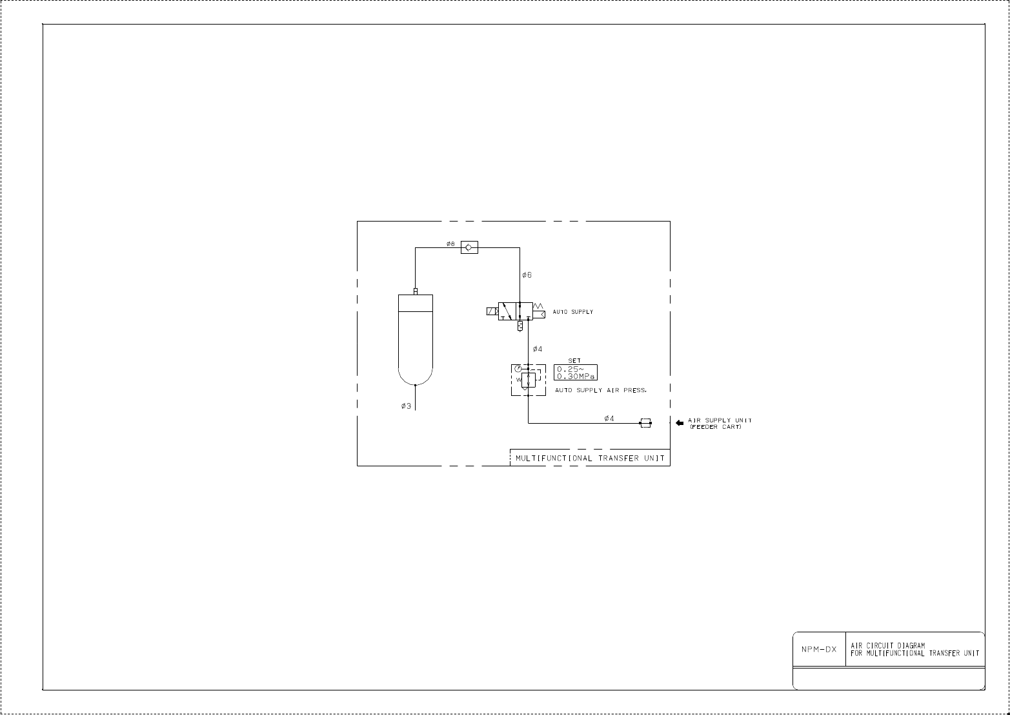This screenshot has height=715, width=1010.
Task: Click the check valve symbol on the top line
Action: tap(469, 247)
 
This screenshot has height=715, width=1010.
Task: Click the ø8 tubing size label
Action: tap(450, 244)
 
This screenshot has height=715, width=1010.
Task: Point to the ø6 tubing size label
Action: tap(527, 275)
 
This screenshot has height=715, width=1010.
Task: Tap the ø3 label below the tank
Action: tap(406, 406)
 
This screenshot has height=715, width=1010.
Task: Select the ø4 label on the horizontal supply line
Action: tap(609, 419)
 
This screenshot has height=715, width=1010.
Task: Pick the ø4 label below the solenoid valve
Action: tap(538, 349)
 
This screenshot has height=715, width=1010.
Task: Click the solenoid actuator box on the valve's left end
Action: tap(492, 311)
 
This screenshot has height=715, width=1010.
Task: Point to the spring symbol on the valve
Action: tap(540, 306)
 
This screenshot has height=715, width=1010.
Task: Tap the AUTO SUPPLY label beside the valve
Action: tap(572, 312)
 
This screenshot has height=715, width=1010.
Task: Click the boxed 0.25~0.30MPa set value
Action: tap(576, 373)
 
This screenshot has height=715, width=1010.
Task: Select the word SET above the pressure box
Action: tap(574, 361)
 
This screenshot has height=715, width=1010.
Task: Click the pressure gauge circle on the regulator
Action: tap(518, 369)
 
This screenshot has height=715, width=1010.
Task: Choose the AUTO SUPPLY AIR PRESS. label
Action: tap(600, 391)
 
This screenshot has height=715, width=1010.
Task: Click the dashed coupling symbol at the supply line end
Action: tap(645, 423)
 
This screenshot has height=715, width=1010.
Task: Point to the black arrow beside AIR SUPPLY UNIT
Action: tap(679, 423)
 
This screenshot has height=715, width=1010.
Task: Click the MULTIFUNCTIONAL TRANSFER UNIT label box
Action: tap(590, 458)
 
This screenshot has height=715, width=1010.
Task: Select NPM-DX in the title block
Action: tap(818, 650)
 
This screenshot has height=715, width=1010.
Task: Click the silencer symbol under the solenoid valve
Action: tap(519, 326)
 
